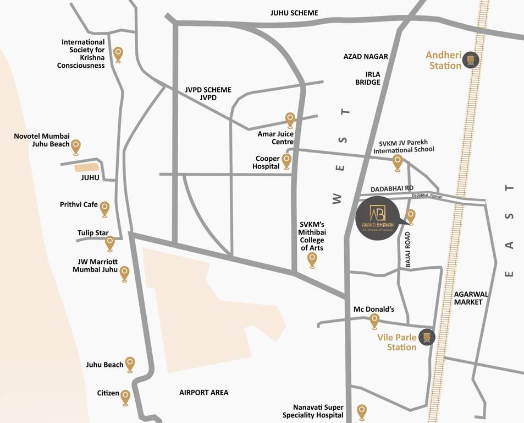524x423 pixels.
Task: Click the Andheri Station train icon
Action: point(470,59)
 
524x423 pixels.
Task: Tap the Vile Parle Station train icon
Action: point(427,337)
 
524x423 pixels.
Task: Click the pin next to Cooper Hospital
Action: point(286,161)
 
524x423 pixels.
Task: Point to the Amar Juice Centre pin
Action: point(290,119)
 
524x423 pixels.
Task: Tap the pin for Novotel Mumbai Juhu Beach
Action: point(76,146)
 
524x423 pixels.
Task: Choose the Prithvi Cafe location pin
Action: point(104,208)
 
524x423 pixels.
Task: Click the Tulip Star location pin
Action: point(110,242)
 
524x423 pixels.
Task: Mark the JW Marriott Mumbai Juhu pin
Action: point(124,273)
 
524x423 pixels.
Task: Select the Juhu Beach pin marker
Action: point(130,364)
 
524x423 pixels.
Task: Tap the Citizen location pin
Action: point(125,397)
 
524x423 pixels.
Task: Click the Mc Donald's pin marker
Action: point(374,320)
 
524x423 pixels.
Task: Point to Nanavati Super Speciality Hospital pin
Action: point(362,411)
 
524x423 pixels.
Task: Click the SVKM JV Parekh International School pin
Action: point(397,162)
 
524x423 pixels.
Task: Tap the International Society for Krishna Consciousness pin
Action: point(118,54)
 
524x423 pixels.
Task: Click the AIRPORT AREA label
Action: point(203,393)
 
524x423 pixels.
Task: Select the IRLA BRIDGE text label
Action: point(368,78)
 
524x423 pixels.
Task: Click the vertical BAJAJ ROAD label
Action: point(408,250)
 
